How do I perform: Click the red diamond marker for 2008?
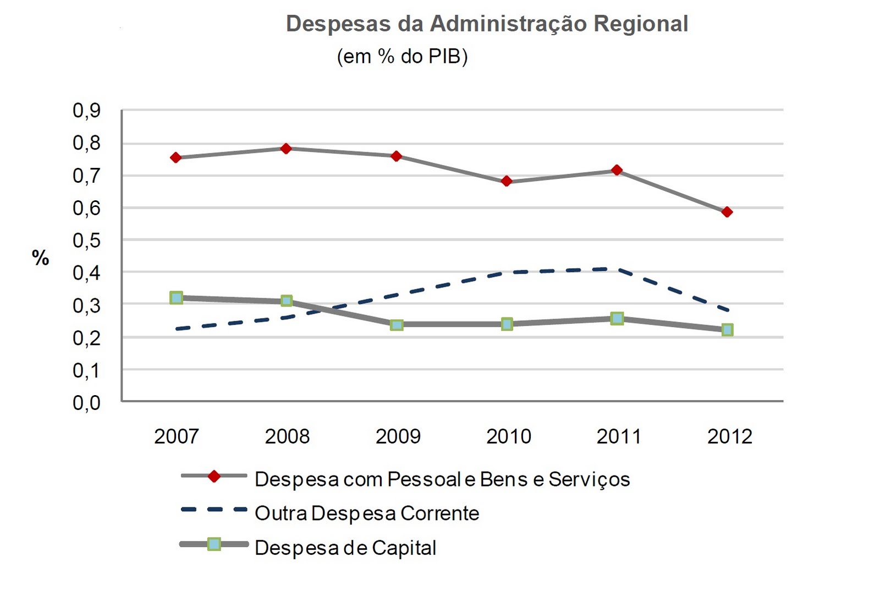286,149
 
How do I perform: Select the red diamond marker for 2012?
727,212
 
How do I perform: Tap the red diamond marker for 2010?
507,181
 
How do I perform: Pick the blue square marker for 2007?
176,298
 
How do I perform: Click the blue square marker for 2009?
397,325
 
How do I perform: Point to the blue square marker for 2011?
617,318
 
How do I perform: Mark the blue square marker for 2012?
727,330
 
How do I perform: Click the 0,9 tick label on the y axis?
87,111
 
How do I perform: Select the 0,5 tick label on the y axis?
87,240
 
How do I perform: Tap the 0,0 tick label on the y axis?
87,403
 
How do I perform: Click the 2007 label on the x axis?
176,436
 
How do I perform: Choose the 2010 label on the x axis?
509,436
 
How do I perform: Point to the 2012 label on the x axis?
729,436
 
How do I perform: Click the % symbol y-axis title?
41,258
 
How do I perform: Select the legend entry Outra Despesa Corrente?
367,513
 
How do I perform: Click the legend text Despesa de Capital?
345,548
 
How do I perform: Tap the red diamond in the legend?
214,476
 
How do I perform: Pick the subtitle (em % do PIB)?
402,56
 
